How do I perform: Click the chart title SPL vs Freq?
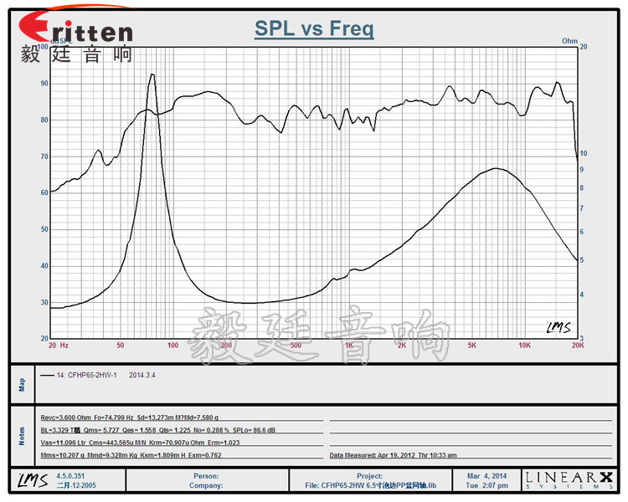coord(314,30)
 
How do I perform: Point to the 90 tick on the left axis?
coord(43,84)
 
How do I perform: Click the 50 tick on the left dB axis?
coord(43,229)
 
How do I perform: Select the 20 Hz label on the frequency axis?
coord(58,345)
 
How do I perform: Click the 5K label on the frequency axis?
coord(471,345)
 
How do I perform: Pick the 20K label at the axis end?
coord(576,345)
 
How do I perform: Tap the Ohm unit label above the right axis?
coord(569,40)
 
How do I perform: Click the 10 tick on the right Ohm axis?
coord(584,154)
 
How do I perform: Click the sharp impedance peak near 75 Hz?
coord(152,75)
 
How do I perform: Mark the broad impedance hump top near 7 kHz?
coord(497,169)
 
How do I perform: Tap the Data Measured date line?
coord(394,456)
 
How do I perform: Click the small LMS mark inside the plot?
coord(558,327)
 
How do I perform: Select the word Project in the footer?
coord(369,475)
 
